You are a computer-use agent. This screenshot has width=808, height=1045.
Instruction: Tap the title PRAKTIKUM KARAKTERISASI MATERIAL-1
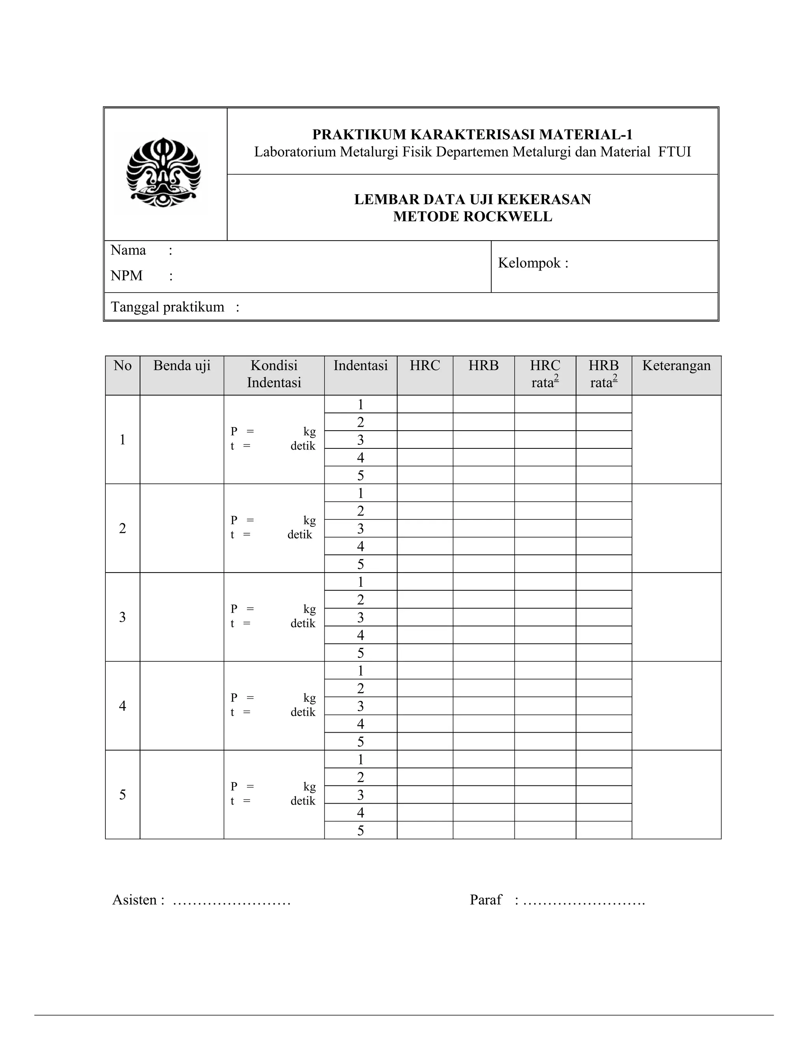click(x=472, y=134)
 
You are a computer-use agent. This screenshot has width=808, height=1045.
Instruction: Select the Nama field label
click(x=128, y=250)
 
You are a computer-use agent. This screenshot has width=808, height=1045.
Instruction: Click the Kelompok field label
click(x=533, y=263)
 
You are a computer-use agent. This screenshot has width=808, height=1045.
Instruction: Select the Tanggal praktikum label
click(x=168, y=307)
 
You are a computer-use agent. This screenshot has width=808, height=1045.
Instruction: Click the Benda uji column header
click(x=182, y=366)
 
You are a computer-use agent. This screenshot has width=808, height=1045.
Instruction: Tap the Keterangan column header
click(x=676, y=366)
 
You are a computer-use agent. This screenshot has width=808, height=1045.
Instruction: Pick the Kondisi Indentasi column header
click(x=274, y=374)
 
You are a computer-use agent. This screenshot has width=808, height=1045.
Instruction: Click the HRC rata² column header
click(x=545, y=374)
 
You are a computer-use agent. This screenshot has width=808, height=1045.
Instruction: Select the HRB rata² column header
click(x=604, y=374)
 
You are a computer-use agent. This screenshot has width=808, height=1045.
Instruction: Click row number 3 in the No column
click(x=123, y=617)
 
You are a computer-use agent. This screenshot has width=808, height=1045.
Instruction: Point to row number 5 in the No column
click(x=123, y=795)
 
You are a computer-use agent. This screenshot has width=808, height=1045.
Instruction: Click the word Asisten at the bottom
click(x=135, y=900)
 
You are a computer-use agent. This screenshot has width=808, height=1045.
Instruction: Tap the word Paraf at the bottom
click(x=485, y=900)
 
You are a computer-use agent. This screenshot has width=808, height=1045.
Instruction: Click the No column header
click(x=123, y=366)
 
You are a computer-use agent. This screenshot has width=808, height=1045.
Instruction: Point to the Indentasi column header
click(x=361, y=366)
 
